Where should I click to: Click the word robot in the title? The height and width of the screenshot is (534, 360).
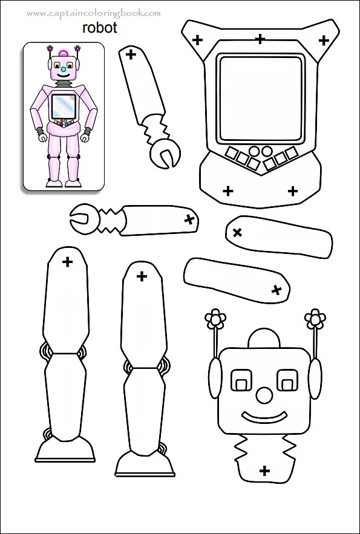(99, 28)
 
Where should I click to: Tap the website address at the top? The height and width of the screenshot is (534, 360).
(93, 14)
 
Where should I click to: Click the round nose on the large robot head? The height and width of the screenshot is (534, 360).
(264, 395)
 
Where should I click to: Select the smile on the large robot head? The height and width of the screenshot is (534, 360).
(264, 417)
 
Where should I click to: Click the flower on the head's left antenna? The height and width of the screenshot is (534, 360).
(215, 319)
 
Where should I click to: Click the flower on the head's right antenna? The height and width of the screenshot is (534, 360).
(315, 319)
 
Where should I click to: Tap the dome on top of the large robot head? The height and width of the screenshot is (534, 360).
(264, 338)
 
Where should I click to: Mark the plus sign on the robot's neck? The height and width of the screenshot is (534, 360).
(264, 471)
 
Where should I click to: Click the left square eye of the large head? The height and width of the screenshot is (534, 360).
(241, 380)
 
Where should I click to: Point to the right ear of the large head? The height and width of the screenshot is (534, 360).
(315, 378)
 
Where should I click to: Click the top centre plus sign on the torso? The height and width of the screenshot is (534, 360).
(260, 39)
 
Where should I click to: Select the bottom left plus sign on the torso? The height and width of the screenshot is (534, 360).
(228, 191)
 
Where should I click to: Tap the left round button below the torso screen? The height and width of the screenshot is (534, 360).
(254, 151)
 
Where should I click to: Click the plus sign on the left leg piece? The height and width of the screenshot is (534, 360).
(67, 262)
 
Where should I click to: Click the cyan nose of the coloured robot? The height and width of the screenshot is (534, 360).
(64, 70)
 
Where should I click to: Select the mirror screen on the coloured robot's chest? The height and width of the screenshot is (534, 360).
(64, 106)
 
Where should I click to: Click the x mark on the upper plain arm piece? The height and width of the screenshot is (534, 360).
(237, 233)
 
